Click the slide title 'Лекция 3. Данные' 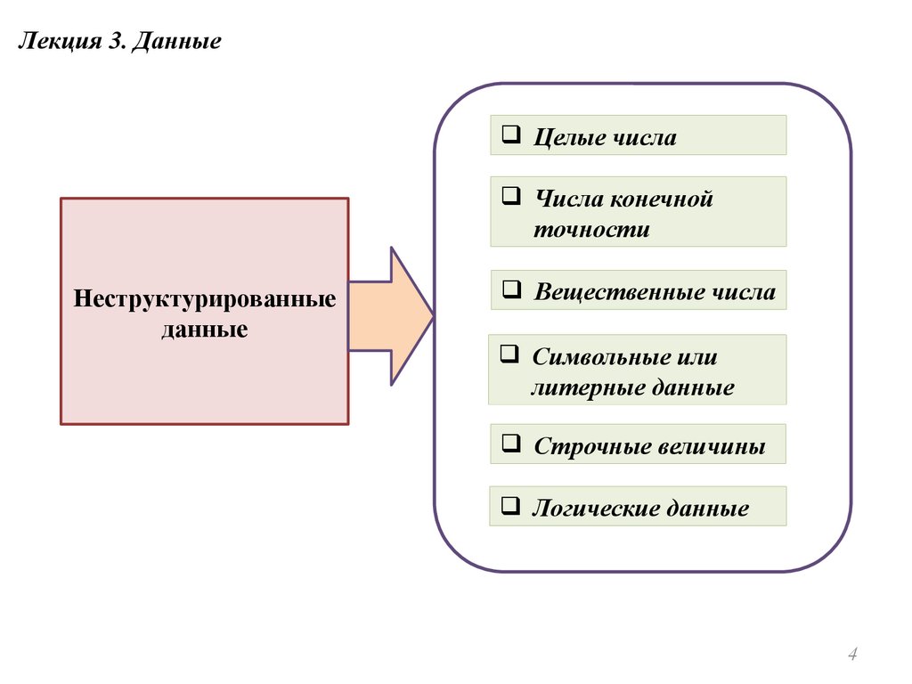(119, 42)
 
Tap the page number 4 (852, 655)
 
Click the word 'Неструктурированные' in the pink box (205, 298)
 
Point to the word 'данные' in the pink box (205, 329)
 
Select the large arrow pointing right (392, 315)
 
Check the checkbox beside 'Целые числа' (510, 136)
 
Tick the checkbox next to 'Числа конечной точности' (510, 197)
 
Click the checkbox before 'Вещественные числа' (510, 290)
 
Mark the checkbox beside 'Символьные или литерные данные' (509, 355)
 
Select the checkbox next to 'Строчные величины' (510, 442)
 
